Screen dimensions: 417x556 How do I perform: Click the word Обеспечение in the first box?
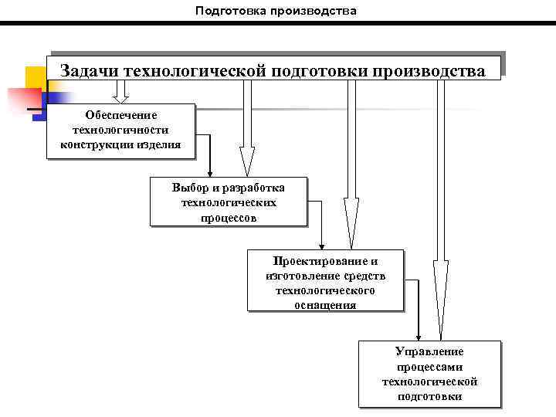(x=120, y=115)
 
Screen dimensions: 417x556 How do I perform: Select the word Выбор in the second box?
(x=190, y=188)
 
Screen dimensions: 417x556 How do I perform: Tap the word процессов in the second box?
(x=229, y=217)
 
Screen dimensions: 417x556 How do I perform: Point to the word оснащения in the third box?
(x=325, y=304)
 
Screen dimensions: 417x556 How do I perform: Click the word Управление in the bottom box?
(x=429, y=351)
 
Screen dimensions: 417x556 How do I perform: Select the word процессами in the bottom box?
(x=429, y=367)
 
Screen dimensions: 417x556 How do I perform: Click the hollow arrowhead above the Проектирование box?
(x=351, y=224)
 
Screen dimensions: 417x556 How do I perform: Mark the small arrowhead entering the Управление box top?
(x=418, y=335)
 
